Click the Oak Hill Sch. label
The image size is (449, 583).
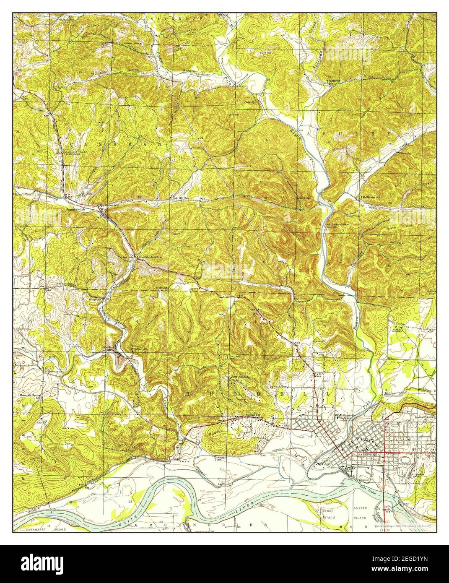[181, 198]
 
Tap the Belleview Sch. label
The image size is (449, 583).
[371, 197]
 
